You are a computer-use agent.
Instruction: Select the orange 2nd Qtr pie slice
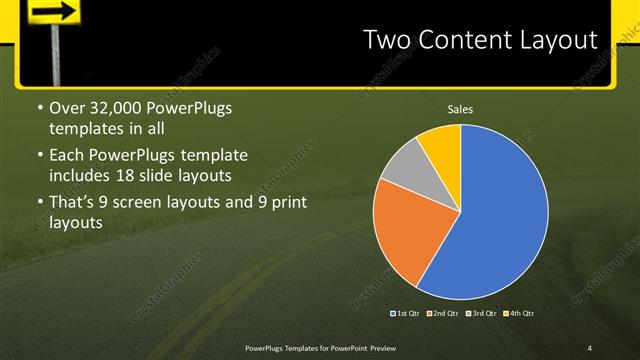pyautogui.click(x=405, y=235)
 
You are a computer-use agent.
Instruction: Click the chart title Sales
pyautogui.click(x=460, y=109)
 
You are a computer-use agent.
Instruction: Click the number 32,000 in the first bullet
pyautogui.click(x=118, y=108)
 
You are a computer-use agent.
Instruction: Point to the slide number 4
pyautogui.click(x=591, y=348)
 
